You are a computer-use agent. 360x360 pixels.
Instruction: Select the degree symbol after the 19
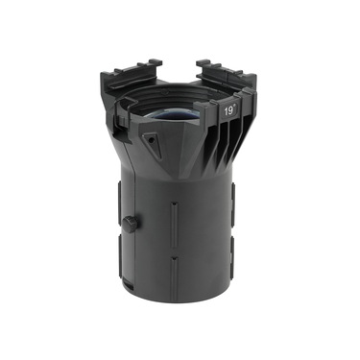click(238, 107)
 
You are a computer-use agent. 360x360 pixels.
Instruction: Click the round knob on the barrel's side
click(130, 224)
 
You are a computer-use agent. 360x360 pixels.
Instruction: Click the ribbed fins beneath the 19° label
click(228, 144)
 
